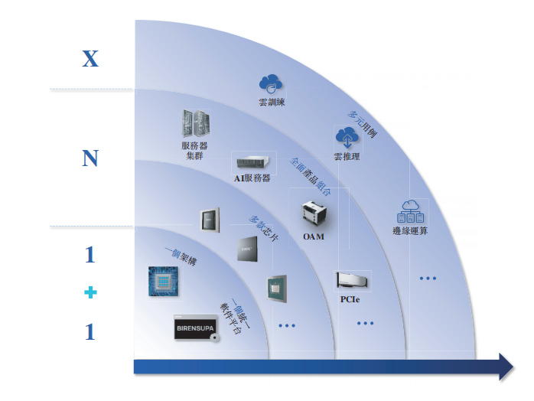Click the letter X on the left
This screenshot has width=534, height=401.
point(90,58)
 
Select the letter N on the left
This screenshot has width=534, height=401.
point(90,158)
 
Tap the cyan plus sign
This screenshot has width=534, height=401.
point(90,292)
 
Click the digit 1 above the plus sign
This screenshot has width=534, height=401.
point(90,254)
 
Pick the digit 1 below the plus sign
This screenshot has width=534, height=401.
point(90,331)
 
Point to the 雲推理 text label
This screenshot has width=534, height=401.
point(347,157)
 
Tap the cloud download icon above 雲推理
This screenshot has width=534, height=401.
point(347,137)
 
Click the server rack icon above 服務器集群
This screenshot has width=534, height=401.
point(196,123)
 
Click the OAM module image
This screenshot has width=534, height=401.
point(314,214)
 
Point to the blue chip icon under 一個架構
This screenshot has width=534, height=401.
point(163,282)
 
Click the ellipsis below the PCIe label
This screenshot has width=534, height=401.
point(366,324)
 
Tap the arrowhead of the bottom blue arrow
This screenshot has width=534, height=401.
point(504,367)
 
